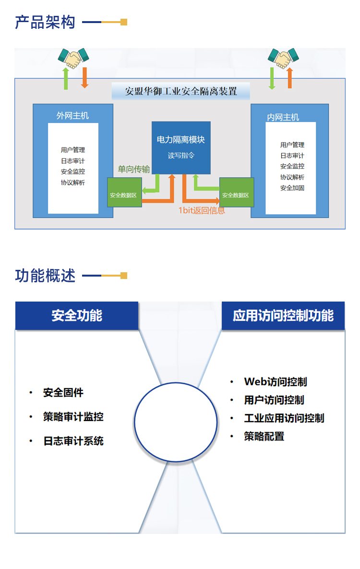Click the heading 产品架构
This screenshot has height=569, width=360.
pyautogui.click(x=45, y=22)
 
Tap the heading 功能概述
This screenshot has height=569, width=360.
pyautogui.click(x=45, y=276)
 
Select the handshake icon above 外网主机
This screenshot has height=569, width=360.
pyautogui.click(x=73, y=58)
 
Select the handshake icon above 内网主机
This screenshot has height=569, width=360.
pyautogui.click(x=281, y=58)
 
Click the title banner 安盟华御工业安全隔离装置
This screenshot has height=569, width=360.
pyautogui.click(x=181, y=91)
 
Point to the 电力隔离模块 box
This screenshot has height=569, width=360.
pyautogui.click(x=181, y=147)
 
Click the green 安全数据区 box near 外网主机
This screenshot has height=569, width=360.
pyautogui.click(x=124, y=195)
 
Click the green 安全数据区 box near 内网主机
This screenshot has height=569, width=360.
pyautogui.click(x=236, y=195)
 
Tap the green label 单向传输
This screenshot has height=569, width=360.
pyautogui.click(x=134, y=169)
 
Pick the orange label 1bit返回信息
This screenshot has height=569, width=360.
pyautogui.click(x=201, y=210)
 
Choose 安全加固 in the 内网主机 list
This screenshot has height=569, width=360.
pyautogui.click(x=292, y=188)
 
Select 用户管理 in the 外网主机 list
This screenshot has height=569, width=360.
pyautogui.click(x=73, y=150)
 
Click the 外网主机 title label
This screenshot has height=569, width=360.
pyautogui.click(x=72, y=116)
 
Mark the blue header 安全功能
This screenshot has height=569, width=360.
pyautogui.click(x=77, y=315)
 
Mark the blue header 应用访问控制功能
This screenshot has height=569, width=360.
pyautogui.click(x=283, y=315)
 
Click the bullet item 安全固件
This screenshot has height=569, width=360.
pyautogui.click(x=63, y=393)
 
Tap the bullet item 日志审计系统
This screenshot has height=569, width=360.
pyautogui.click(x=73, y=441)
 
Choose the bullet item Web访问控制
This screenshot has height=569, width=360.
pyautogui.click(x=276, y=382)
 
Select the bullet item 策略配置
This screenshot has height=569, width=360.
pyautogui.click(x=264, y=436)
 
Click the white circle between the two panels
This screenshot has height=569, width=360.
pyautogui.click(x=176, y=422)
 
